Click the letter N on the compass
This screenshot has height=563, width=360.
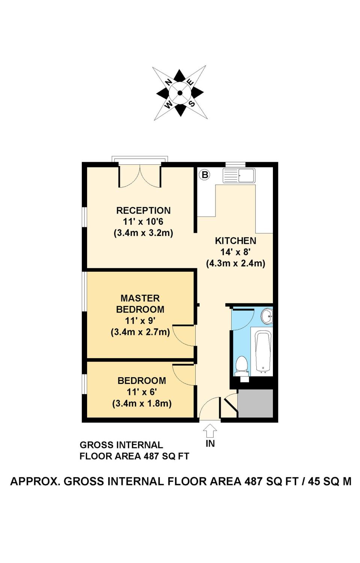point(169,82)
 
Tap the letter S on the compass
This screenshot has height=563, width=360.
point(191,103)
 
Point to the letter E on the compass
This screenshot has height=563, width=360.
point(190,83)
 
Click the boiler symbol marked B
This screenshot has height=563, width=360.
point(205,175)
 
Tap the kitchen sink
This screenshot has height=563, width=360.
point(239,176)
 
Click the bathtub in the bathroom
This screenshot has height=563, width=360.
point(263,351)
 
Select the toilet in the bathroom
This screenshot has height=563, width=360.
point(241,366)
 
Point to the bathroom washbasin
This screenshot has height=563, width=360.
point(267,316)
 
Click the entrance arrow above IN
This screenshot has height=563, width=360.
point(210,431)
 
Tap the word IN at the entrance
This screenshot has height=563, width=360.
point(210,444)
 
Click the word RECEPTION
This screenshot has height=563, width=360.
point(143,211)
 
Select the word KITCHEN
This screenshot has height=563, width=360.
point(235,241)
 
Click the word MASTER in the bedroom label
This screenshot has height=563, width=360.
point(140,298)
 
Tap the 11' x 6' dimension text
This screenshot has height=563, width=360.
point(142,392)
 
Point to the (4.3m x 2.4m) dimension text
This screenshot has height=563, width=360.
point(235,263)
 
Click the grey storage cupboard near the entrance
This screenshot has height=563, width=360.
point(255,403)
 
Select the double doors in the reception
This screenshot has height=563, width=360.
point(140,176)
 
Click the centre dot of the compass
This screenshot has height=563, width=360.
point(180,93)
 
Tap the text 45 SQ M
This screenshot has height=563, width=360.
point(330,482)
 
